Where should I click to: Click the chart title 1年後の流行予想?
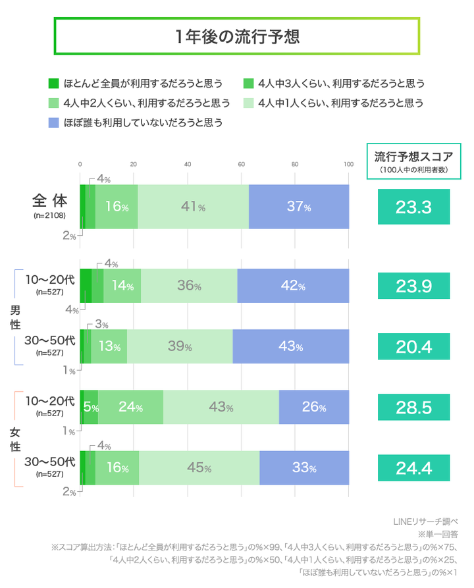point(237,36)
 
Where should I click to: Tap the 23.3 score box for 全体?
point(413,207)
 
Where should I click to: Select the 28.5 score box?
point(413,407)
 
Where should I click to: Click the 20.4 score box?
point(413,346)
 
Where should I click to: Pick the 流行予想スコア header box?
point(413,161)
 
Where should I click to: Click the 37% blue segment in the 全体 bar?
point(299,207)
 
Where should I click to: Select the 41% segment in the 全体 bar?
point(193,207)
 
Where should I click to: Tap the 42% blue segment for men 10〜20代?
point(293,286)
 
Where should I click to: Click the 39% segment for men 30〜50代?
point(180,346)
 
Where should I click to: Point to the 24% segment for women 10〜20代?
point(130,407)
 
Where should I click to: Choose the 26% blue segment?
point(314,407)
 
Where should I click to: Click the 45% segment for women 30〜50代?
point(199,468)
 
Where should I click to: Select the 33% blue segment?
point(304,468)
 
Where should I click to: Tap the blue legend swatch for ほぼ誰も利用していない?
point(55,122)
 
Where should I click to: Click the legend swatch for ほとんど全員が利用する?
point(55,84)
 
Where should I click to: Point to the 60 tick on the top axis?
point(242,164)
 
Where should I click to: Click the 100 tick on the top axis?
point(349,164)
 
